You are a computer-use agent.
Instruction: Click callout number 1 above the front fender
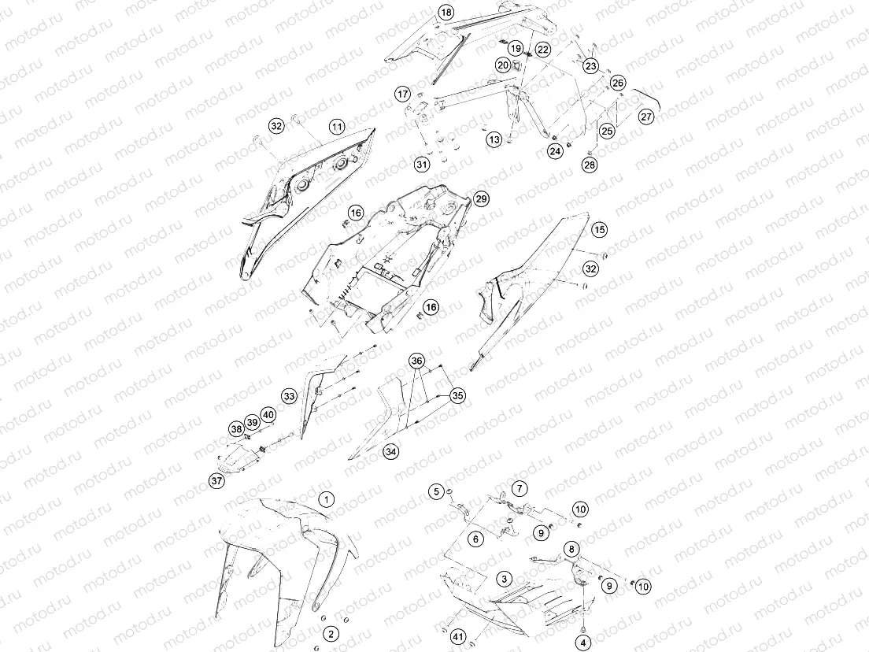pyautogui.click(x=327, y=499)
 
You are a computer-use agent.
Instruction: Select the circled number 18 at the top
pyautogui.click(x=446, y=13)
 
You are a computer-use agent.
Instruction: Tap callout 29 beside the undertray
pyautogui.click(x=482, y=199)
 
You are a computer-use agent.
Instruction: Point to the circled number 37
pyautogui.click(x=216, y=480)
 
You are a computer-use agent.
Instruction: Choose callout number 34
pyautogui.click(x=391, y=452)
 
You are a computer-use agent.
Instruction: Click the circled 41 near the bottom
pyautogui.click(x=458, y=637)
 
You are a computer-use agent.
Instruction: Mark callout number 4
pyautogui.click(x=583, y=643)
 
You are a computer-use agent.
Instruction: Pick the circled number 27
pyautogui.click(x=646, y=117)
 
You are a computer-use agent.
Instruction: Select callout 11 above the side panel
pyautogui.click(x=337, y=127)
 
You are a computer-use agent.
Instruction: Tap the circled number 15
pyautogui.click(x=599, y=229)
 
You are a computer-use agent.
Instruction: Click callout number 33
pyautogui.click(x=289, y=396)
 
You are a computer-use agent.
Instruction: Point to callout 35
pyautogui.click(x=457, y=396)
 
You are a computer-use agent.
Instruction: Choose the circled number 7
pyautogui.click(x=520, y=488)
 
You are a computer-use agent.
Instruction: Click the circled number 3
pyautogui.click(x=504, y=580)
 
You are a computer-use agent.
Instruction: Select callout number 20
pyautogui.click(x=503, y=65)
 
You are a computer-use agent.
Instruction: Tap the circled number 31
pyautogui.click(x=423, y=165)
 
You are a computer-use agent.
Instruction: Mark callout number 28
pyautogui.click(x=590, y=165)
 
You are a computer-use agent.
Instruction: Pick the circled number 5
pyautogui.click(x=436, y=491)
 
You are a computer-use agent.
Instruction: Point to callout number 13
pyautogui.click(x=494, y=139)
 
